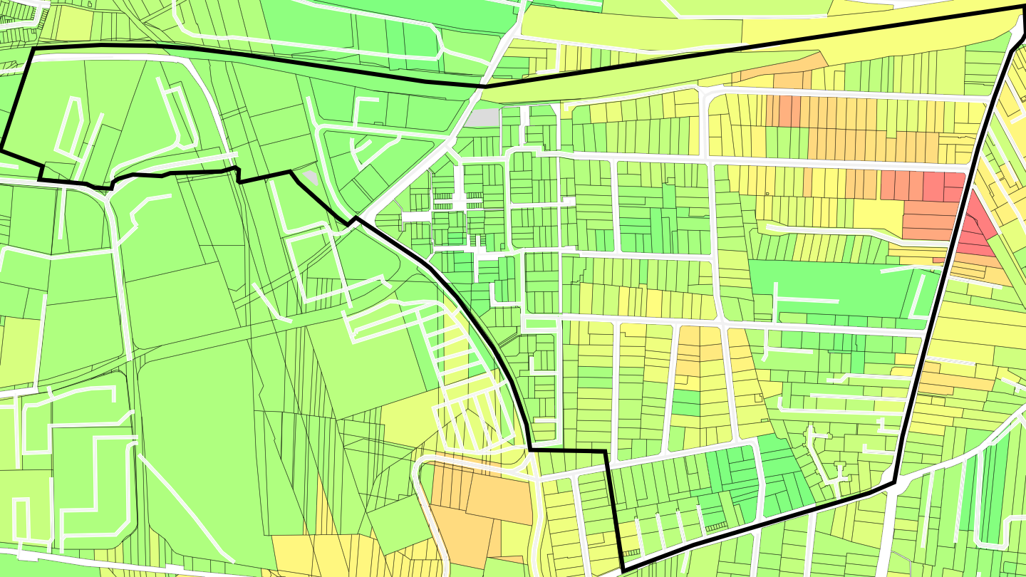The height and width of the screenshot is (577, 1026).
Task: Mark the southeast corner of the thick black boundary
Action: [893, 484]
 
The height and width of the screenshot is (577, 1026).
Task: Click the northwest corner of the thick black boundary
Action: [33, 50]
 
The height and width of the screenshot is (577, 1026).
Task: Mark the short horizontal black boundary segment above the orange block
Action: [567, 451]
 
